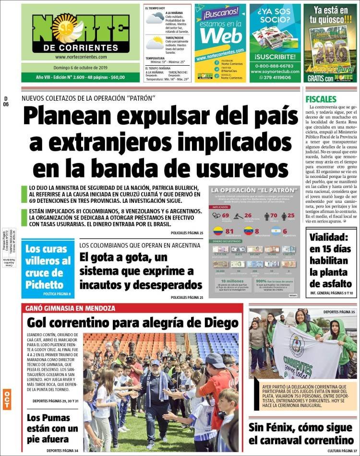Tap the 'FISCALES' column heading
pyautogui.click(x=320, y=99)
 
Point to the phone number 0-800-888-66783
pyautogui.click(x=275, y=66)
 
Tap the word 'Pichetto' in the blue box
pyautogui.click(x=47, y=283)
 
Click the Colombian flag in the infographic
pyautogui.click(x=218, y=231)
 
